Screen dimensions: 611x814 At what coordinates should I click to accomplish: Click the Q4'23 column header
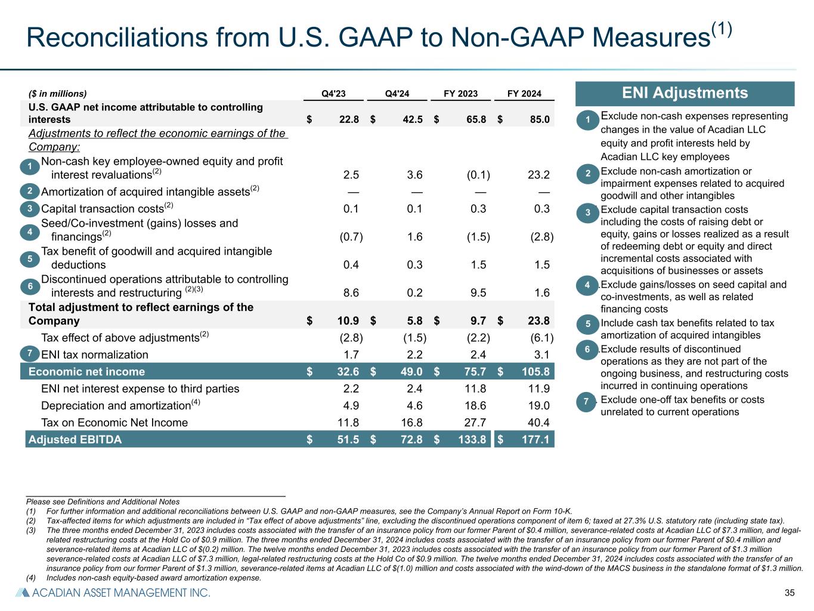point(333,94)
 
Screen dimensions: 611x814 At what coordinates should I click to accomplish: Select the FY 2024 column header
point(524,94)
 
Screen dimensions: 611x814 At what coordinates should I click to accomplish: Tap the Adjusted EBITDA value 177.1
point(535,440)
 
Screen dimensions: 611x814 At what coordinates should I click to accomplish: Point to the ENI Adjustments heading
point(685,93)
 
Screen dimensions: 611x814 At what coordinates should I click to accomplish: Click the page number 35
point(790,593)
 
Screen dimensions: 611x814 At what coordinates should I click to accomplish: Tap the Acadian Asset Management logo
point(113,593)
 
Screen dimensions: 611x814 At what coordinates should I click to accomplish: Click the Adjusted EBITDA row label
point(75,440)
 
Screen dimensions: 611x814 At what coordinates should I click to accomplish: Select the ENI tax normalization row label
point(94,354)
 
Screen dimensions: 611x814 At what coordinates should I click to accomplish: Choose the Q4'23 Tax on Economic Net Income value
point(349,422)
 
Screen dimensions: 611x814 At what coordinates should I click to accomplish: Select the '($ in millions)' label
point(58,94)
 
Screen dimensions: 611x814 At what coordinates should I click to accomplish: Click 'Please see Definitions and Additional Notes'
point(103,502)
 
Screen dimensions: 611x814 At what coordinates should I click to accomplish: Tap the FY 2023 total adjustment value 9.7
point(478,321)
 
